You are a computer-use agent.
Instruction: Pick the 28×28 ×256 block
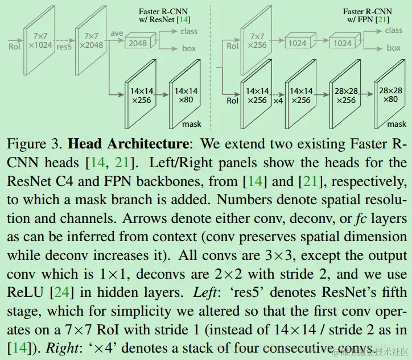tap(345, 94)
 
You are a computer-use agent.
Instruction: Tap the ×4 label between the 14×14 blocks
tap(278, 100)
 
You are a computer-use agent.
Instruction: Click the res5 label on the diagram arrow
tap(64, 48)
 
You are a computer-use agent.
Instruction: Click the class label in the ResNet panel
tap(189, 31)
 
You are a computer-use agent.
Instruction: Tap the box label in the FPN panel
tap(394, 48)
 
